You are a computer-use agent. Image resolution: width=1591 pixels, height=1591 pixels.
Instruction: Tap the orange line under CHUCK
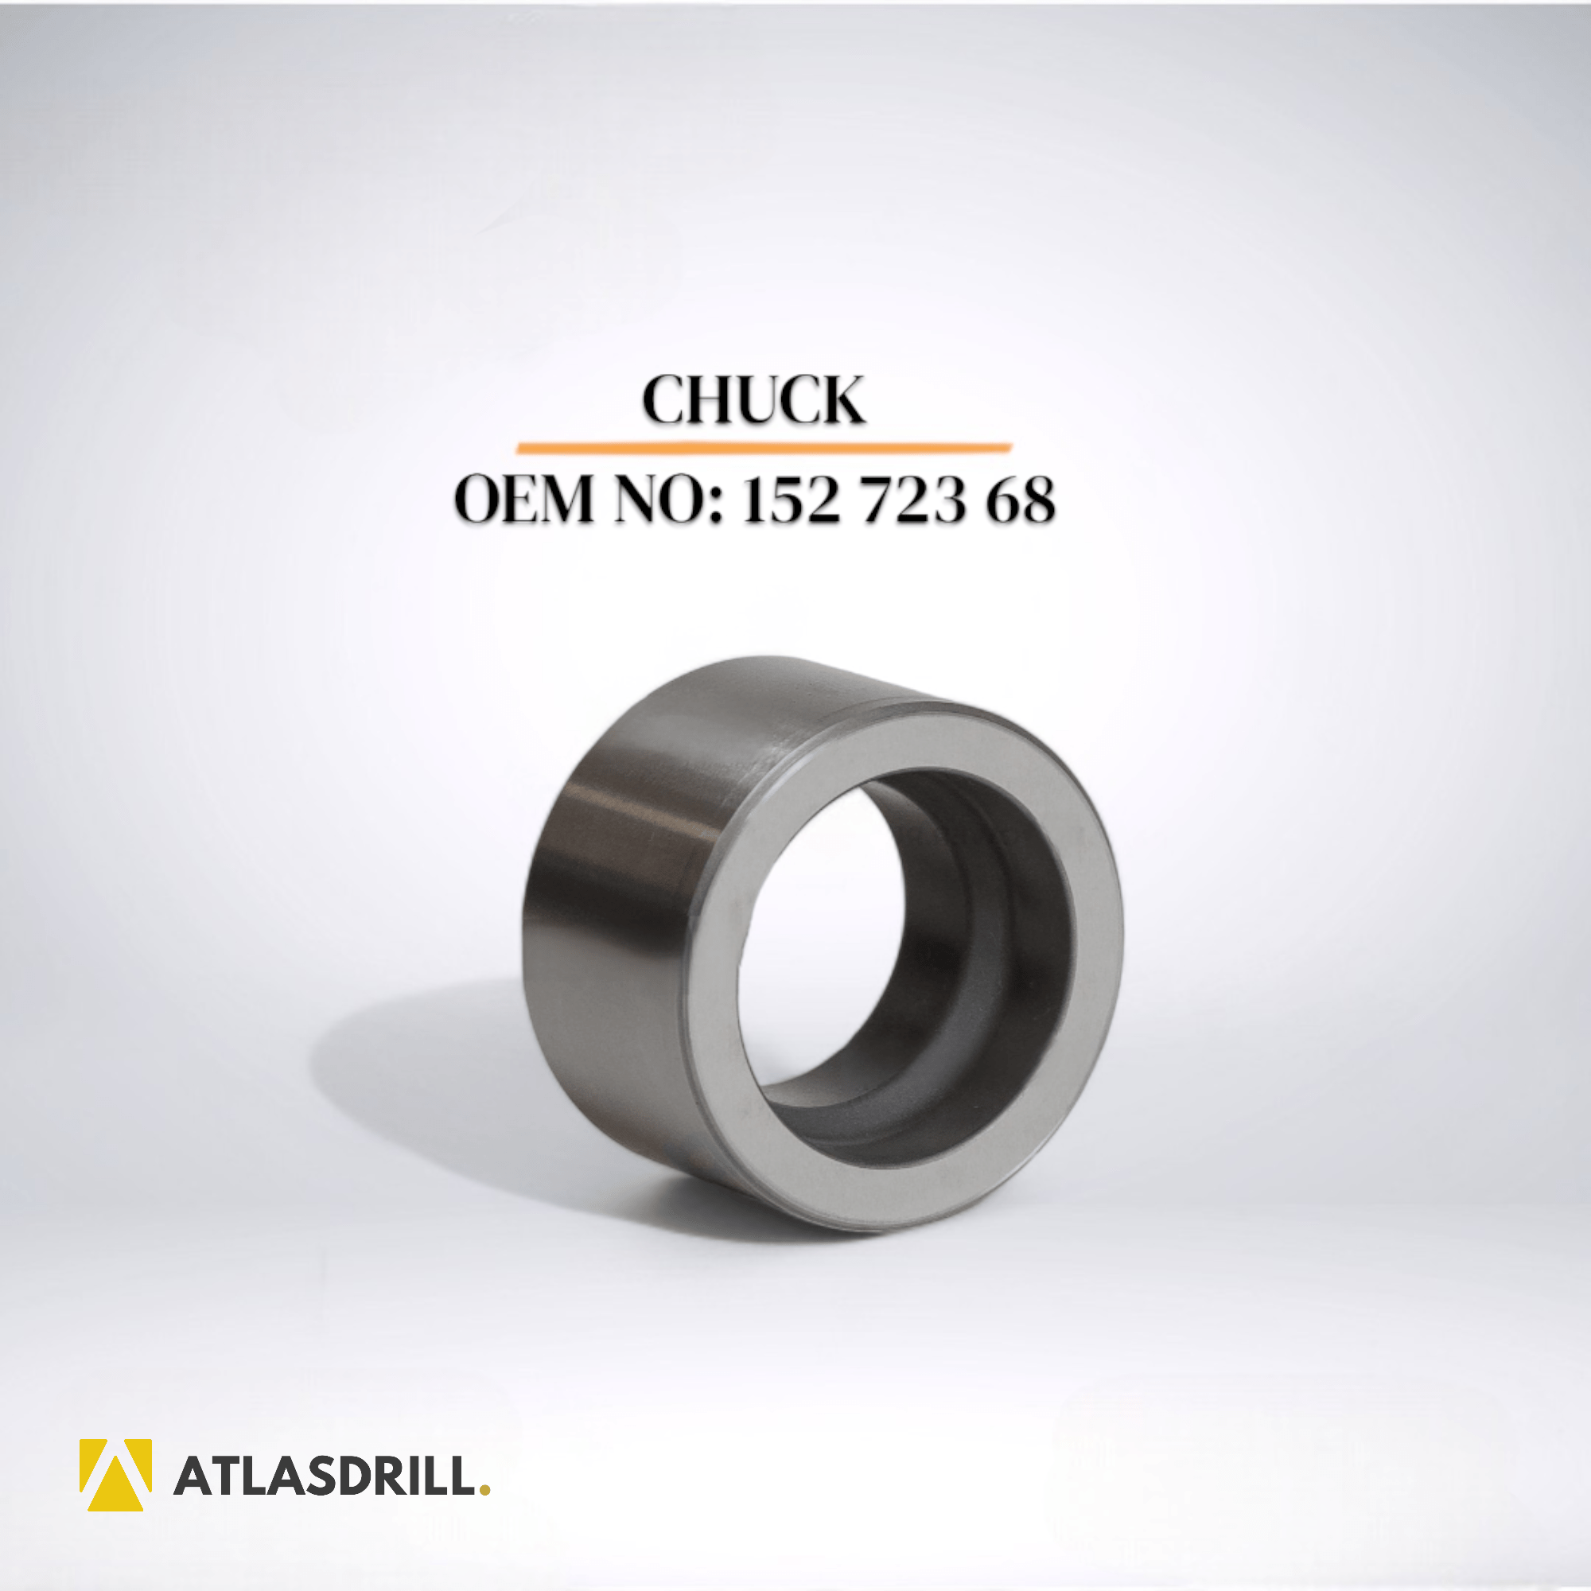coord(764,447)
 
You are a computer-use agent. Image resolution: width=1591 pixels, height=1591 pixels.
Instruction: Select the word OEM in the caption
coord(523,499)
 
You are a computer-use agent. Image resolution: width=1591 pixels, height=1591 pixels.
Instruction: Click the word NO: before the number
coord(669,499)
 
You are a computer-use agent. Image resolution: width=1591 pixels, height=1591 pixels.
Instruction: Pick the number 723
coord(912,499)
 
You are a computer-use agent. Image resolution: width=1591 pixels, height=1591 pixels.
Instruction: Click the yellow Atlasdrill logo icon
coord(115,1475)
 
